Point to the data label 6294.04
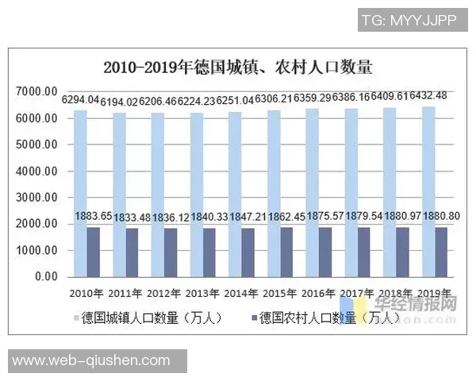(x=80, y=100)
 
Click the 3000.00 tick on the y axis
(x=37, y=198)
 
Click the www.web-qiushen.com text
(x=91, y=361)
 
